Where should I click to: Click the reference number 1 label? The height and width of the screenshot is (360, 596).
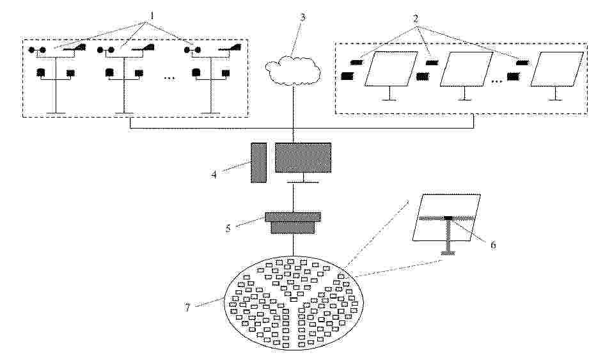[152, 16]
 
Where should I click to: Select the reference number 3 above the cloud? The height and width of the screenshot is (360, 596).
[303, 17]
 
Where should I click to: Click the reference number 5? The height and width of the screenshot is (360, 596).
[228, 228]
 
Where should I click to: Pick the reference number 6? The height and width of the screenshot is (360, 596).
[493, 245]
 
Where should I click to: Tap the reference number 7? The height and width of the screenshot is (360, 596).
[187, 307]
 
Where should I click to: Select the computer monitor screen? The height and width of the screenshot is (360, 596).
[303, 157]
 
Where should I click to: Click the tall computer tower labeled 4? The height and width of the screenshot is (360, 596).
[258, 162]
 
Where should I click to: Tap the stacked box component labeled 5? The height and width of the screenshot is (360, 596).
[293, 223]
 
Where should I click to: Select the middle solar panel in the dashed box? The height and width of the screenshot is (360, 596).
[466, 69]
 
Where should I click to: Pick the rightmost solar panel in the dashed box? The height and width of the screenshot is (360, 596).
[557, 69]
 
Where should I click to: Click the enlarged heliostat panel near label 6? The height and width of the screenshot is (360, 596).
[447, 217]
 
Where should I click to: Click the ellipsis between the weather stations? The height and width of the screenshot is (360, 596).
[169, 78]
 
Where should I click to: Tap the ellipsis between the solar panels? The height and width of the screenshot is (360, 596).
[496, 81]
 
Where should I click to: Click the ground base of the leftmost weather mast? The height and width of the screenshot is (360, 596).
[56, 113]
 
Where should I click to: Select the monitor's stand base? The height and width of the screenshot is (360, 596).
[303, 182]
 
